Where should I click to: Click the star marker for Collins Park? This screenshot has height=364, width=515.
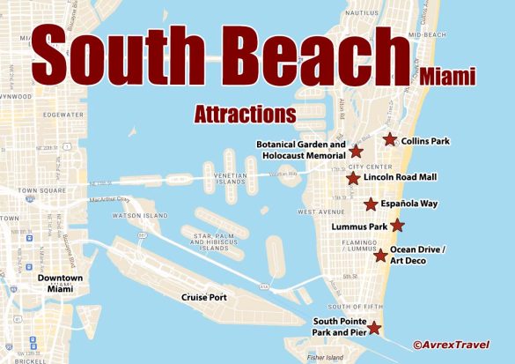point(389,138)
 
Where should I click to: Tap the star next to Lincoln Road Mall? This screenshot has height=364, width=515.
point(353,179)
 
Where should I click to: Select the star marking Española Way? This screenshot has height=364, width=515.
point(372,204)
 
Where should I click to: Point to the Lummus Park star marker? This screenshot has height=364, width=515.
point(397,226)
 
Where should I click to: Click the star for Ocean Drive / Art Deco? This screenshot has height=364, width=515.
point(380,256)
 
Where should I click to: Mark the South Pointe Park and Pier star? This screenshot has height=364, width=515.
point(374,328)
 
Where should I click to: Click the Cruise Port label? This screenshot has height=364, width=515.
point(204,297)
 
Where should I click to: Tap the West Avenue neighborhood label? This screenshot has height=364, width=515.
point(320,212)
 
